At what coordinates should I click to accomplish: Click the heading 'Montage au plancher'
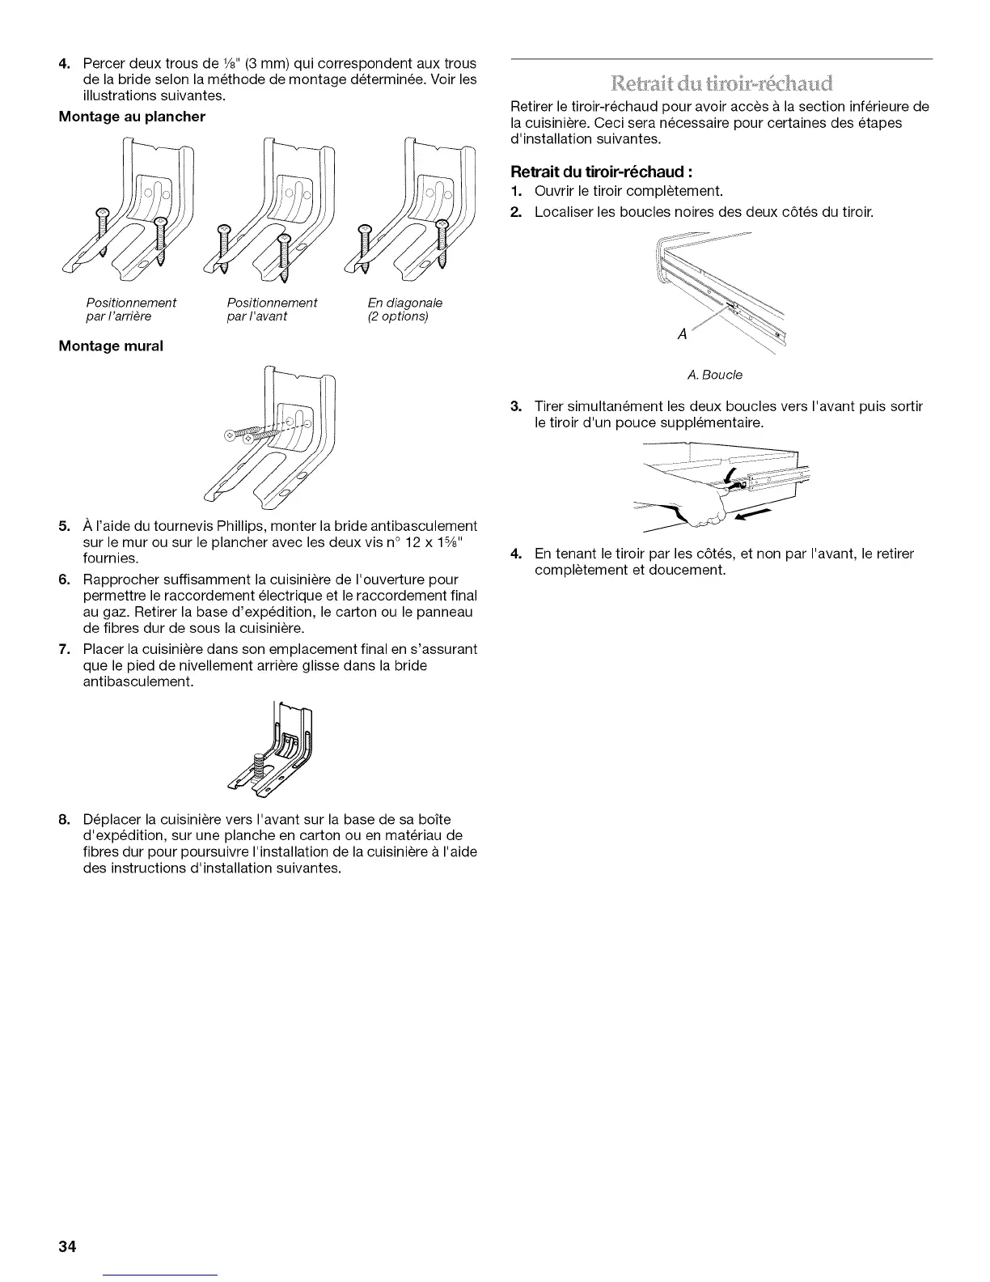click(132, 117)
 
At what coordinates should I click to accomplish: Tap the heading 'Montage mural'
click(111, 346)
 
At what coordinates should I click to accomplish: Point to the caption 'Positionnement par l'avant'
click(272, 309)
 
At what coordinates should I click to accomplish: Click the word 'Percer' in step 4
click(102, 64)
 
